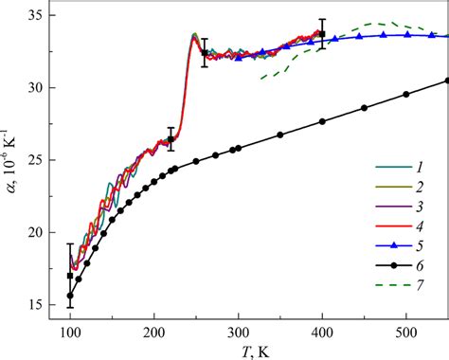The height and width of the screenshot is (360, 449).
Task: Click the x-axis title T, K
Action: pyautogui.click(x=253, y=351)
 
